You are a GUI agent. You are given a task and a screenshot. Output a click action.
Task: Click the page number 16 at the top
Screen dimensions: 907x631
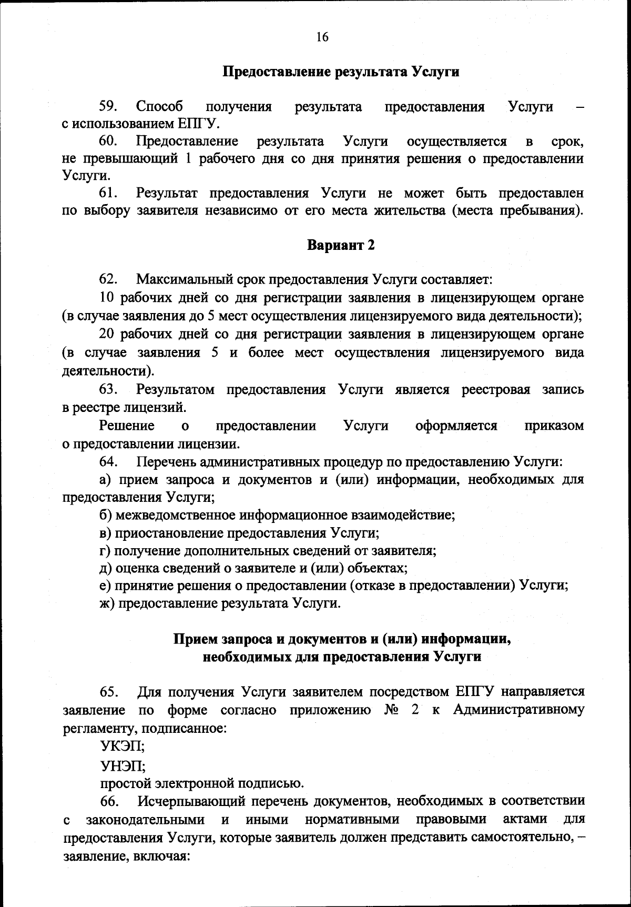point(322,37)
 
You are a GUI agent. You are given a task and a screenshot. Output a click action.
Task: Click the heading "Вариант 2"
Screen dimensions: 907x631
point(341,245)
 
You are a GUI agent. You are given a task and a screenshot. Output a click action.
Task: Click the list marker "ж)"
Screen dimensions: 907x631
point(107,603)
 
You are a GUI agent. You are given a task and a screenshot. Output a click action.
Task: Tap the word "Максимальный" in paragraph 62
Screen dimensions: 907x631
point(181,279)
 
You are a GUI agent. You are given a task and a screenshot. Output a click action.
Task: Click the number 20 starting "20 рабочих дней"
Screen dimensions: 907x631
point(107,334)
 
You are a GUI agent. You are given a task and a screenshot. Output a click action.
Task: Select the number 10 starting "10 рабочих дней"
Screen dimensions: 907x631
point(107,298)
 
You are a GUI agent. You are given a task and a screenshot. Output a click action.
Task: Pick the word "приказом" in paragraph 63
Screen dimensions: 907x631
point(554,426)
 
